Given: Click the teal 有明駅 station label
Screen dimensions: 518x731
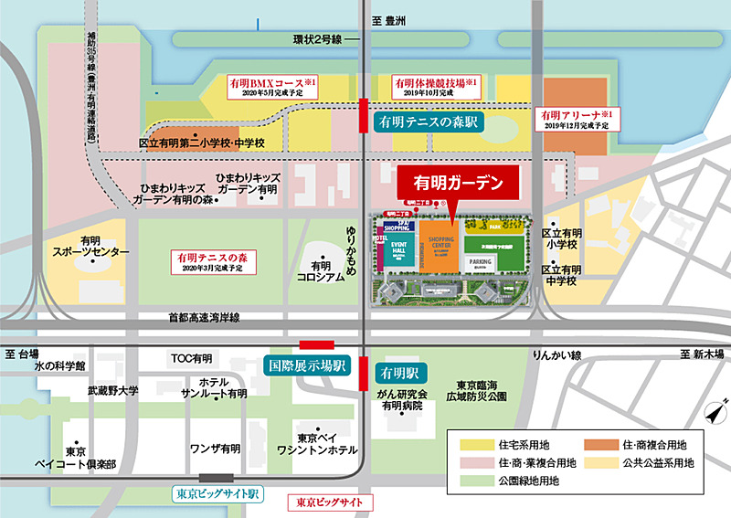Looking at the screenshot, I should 398,373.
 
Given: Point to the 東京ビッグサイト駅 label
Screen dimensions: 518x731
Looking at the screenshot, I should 217,493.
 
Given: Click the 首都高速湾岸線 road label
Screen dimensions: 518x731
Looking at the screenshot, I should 203,317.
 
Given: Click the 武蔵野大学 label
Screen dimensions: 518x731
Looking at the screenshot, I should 113,390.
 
